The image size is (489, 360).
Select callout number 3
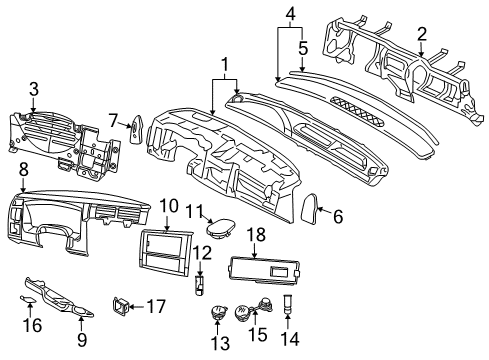[34, 90]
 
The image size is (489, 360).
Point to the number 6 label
[337, 216]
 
